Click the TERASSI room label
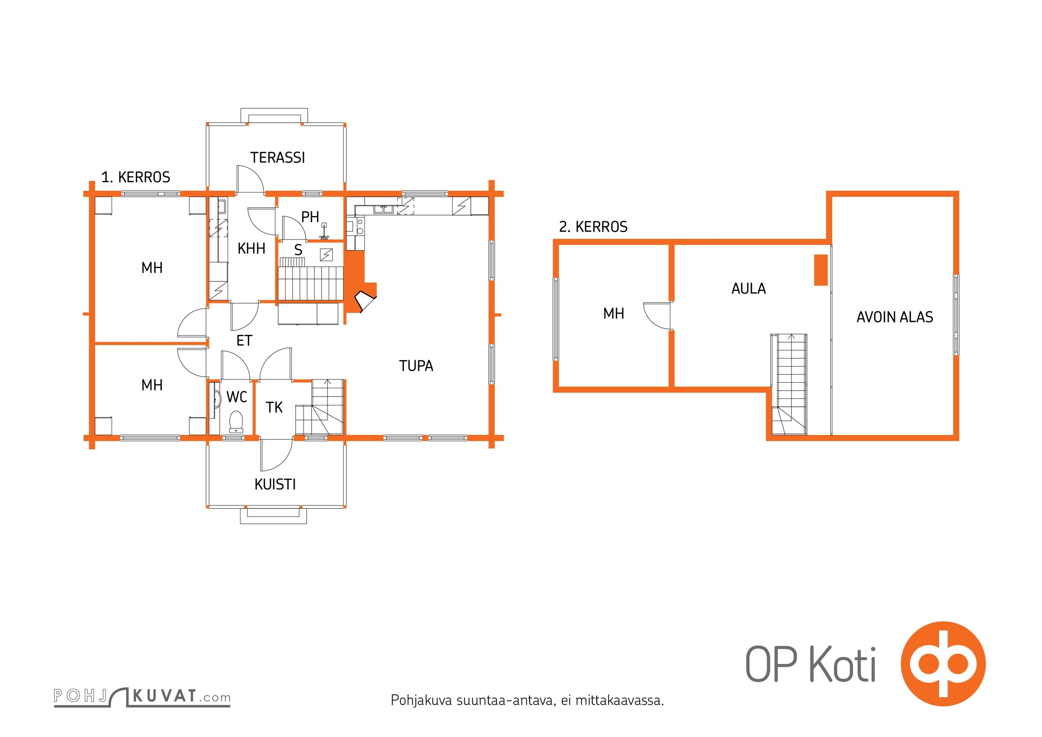(277, 158)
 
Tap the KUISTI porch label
(275, 484)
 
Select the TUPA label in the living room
(416, 366)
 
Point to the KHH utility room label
(251, 249)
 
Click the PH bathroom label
(310, 216)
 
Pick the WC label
(237, 397)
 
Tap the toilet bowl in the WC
(236, 421)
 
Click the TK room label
(274, 407)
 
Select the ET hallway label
(244, 341)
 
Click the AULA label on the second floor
(749, 289)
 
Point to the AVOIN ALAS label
(895, 317)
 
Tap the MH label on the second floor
(614, 314)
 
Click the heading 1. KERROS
(135, 177)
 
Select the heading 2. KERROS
(593, 227)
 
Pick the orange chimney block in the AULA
(820, 270)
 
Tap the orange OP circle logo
(943, 664)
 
